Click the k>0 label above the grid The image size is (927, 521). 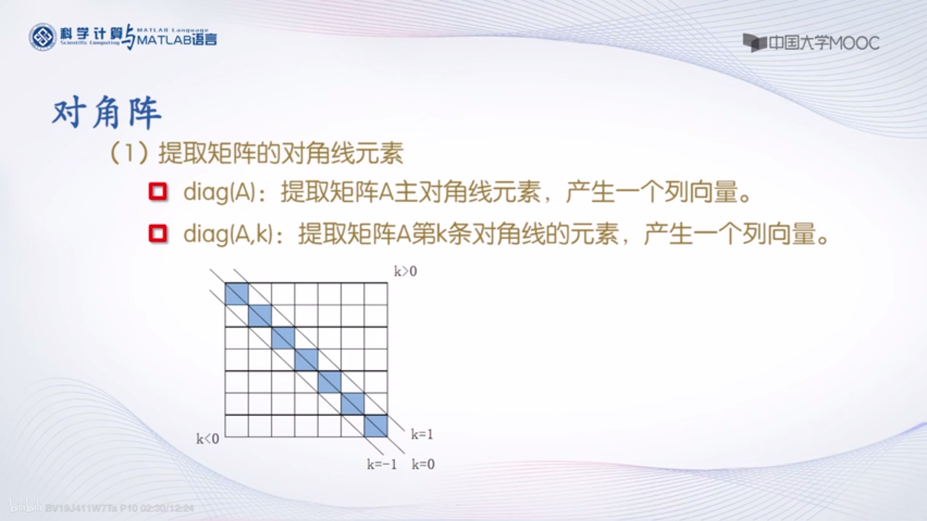[x=405, y=271]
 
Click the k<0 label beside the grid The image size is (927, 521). [x=207, y=439]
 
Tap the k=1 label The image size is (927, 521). [x=422, y=435]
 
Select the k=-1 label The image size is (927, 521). [x=382, y=464]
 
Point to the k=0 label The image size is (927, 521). [x=423, y=464]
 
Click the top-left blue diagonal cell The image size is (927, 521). [x=237, y=294]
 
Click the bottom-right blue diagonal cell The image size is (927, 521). [x=376, y=426]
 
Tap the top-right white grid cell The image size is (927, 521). [x=376, y=294]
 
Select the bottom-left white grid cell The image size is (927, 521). [x=237, y=426]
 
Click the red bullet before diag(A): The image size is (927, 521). [x=158, y=192]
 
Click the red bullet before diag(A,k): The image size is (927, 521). [x=158, y=234]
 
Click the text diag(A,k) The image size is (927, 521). [x=228, y=234]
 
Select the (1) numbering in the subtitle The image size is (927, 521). [x=129, y=153]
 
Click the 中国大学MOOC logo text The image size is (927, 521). [x=823, y=43]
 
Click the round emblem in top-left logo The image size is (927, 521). [x=43, y=37]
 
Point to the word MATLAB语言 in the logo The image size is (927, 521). [x=177, y=40]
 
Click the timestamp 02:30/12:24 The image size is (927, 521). [x=167, y=508]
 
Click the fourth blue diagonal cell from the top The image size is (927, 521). [x=306, y=360]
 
